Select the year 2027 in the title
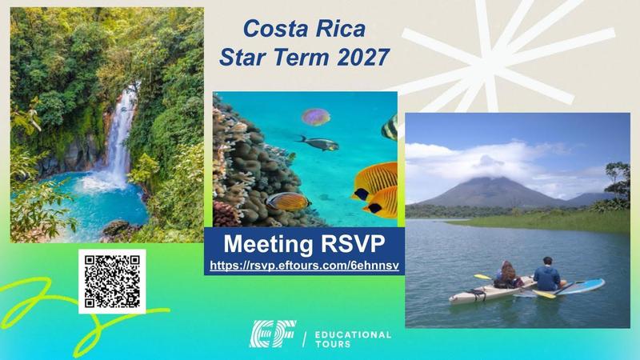(x=358, y=58)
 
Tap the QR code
(x=112, y=281)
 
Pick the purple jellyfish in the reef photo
(x=316, y=117)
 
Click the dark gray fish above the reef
(x=318, y=143)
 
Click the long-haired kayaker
(x=506, y=274)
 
